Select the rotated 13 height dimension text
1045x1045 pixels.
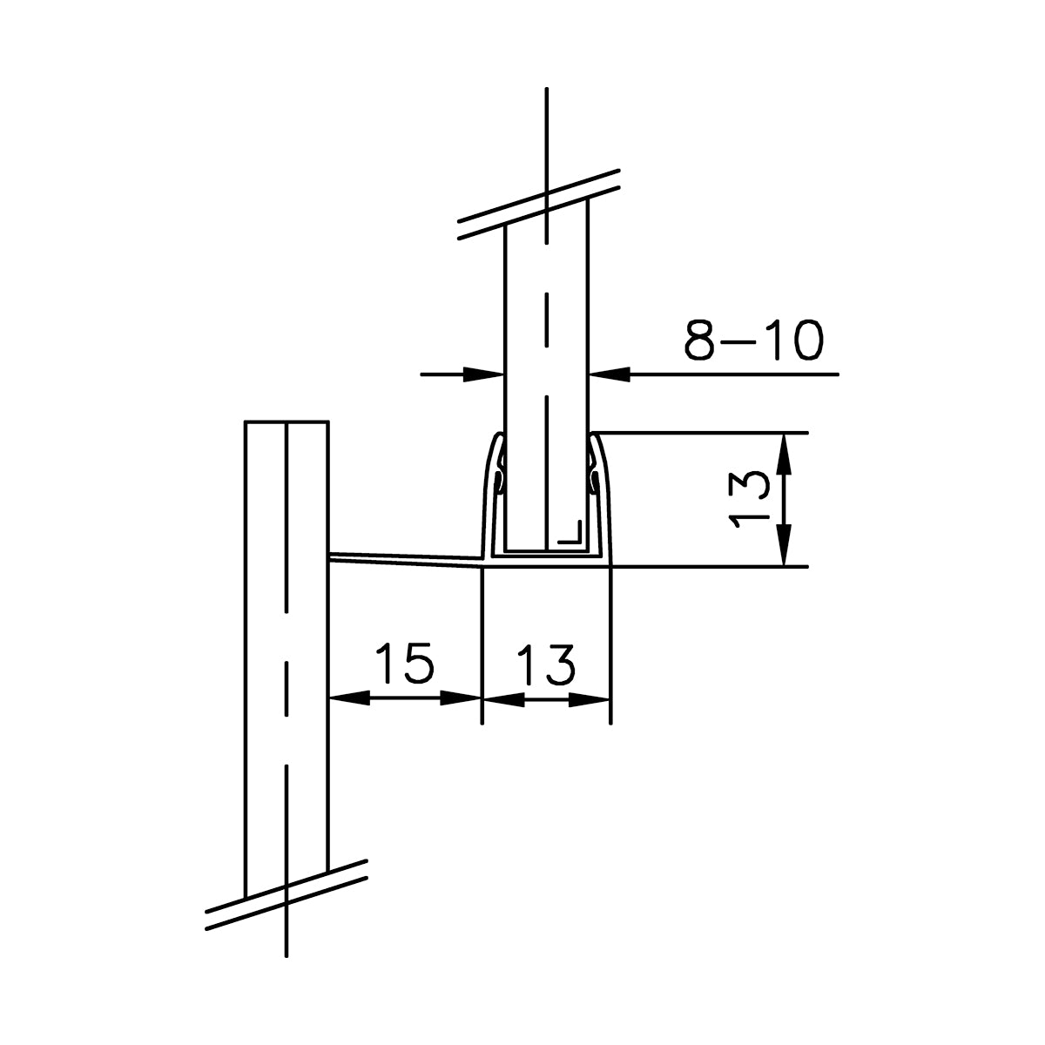749,498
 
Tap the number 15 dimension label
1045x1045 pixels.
404,664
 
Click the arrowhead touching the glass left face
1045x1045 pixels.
483,374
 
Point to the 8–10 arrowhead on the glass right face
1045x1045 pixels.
610,374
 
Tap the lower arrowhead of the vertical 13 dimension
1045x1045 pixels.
785,546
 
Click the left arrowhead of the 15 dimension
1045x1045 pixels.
350,698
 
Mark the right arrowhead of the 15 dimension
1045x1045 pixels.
461,698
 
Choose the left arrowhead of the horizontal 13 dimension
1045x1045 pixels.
503,698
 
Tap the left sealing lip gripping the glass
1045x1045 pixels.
499,478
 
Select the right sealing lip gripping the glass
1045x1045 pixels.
594,478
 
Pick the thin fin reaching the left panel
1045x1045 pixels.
405,558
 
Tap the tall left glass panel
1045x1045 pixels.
286,653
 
